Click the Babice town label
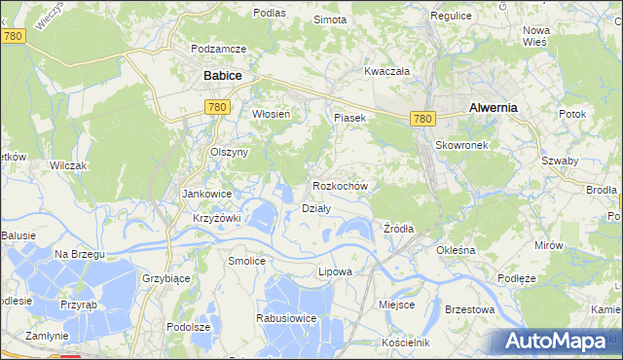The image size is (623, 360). coord(222,75)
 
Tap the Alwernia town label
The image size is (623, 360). coord(492,108)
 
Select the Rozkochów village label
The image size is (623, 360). coord(340,185)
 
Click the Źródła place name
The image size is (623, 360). coord(398,229)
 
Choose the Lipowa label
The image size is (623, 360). coord(335,271)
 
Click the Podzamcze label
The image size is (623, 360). coord(219,49)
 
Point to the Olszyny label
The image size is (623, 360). coord(231,152)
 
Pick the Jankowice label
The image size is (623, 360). coord(205,194)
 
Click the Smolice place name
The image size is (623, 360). coord(246,261)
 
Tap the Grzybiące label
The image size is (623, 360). coord(165,277)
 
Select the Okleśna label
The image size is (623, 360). coord(456,250)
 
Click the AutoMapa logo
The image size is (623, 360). coord(558,341)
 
